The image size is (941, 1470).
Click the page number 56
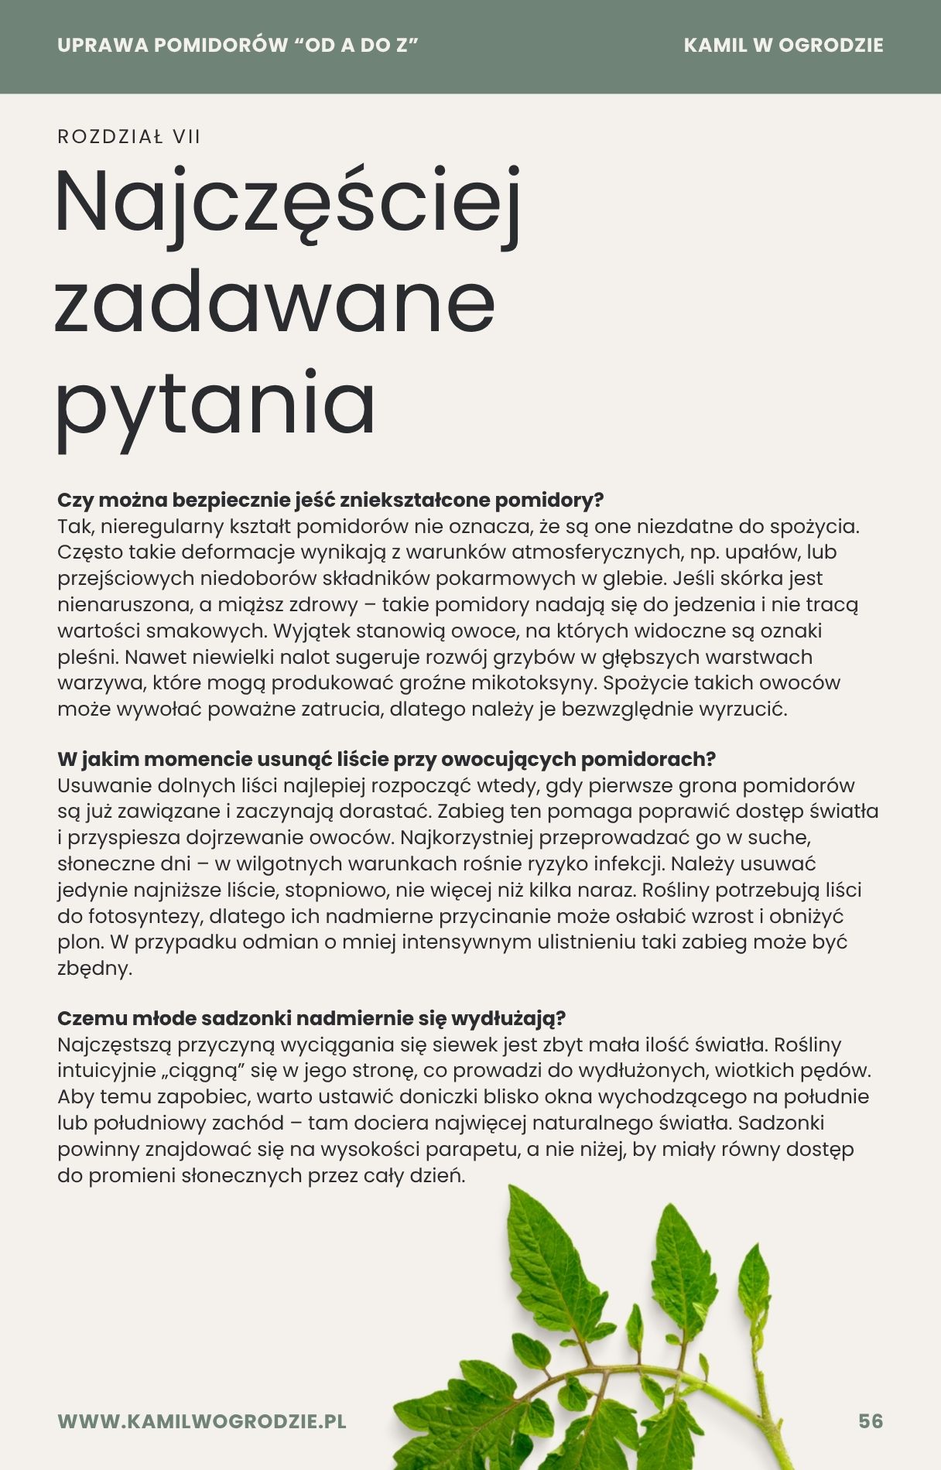pos(871,1421)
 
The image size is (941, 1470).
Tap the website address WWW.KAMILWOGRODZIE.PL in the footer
pos(202,1421)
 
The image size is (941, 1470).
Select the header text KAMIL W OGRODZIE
pos(783,45)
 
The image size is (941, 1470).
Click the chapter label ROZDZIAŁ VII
pos(128,137)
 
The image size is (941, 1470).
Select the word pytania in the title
pos(215,404)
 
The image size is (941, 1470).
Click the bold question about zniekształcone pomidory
pos(330,500)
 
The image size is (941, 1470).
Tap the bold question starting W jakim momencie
pos(386,759)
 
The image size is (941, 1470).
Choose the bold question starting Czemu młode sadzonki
pos(311,1018)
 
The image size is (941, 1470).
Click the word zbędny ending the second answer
pos(94,969)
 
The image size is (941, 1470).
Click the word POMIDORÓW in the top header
pos(221,45)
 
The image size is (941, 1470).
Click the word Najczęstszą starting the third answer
pos(113,1045)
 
